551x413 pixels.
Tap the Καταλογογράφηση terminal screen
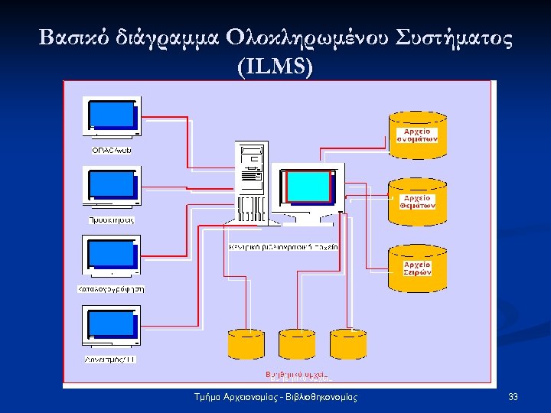[x=111, y=255]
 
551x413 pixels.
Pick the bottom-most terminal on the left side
[x=111, y=327]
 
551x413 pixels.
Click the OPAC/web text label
[x=112, y=150]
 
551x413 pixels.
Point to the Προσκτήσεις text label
[x=112, y=220]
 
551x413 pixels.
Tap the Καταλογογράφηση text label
[x=112, y=289]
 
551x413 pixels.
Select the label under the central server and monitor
[x=283, y=247]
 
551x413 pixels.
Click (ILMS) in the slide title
[x=275, y=67]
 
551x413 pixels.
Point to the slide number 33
[x=513, y=396]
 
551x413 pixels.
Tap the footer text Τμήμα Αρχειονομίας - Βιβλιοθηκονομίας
[x=276, y=396]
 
